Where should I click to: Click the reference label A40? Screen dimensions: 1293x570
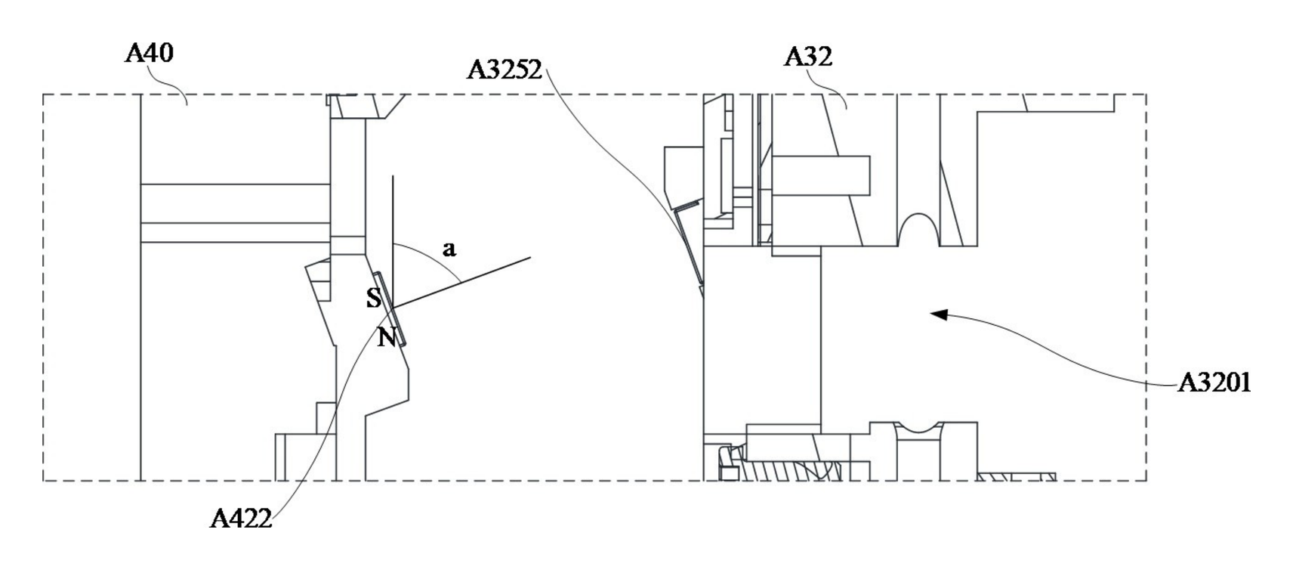click(150, 53)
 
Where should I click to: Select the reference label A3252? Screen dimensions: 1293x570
click(505, 70)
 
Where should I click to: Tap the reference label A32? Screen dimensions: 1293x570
click(807, 57)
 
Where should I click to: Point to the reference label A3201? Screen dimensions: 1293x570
click(1214, 383)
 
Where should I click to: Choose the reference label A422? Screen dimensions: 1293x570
click(241, 519)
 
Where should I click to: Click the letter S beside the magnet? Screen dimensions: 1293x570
click(373, 298)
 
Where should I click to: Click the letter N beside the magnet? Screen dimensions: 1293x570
click(387, 336)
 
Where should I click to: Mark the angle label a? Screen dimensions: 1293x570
click(449, 249)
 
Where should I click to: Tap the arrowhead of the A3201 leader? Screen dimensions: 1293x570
click(939, 314)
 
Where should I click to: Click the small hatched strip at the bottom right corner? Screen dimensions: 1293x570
click(1017, 476)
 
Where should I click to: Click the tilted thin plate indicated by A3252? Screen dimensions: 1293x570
click(689, 246)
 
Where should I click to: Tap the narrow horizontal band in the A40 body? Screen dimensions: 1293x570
click(236, 233)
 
